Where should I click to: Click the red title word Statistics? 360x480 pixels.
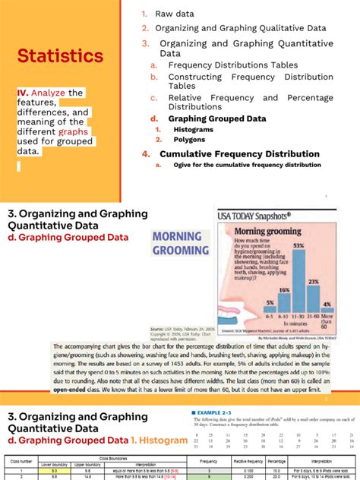[61, 56]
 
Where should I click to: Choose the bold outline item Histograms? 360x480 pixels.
[192, 130]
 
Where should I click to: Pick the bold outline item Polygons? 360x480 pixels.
[188, 139]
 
